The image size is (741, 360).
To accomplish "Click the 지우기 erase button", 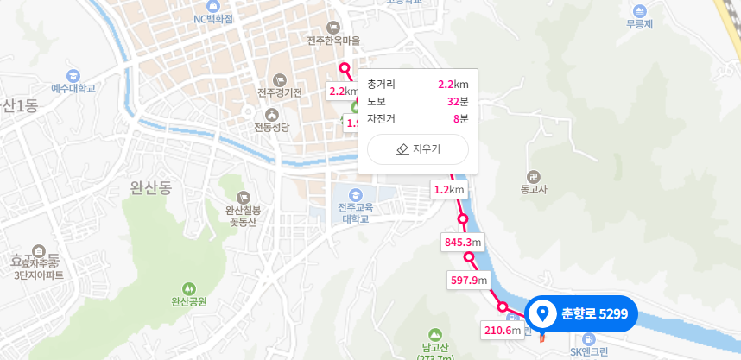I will [418, 149].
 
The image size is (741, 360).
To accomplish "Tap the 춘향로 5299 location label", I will [581, 313].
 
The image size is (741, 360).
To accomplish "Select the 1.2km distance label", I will [449, 190].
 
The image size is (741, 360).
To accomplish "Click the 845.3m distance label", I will [462, 243].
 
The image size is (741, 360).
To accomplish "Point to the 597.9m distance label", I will [469, 280].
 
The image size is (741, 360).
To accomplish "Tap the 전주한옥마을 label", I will [333, 41].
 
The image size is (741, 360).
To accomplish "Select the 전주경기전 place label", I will [279, 92].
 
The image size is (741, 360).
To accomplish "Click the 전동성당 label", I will [272, 127].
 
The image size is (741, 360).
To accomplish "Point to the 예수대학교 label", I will [73, 88].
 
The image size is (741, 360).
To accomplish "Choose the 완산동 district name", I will [152, 186].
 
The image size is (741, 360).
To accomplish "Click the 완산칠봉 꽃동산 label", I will [244, 215].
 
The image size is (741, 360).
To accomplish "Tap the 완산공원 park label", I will [189, 301].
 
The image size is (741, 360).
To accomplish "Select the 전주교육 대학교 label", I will [354, 212].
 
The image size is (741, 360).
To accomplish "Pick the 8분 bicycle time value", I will [460, 118].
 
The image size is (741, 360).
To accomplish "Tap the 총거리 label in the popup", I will [381, 84].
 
